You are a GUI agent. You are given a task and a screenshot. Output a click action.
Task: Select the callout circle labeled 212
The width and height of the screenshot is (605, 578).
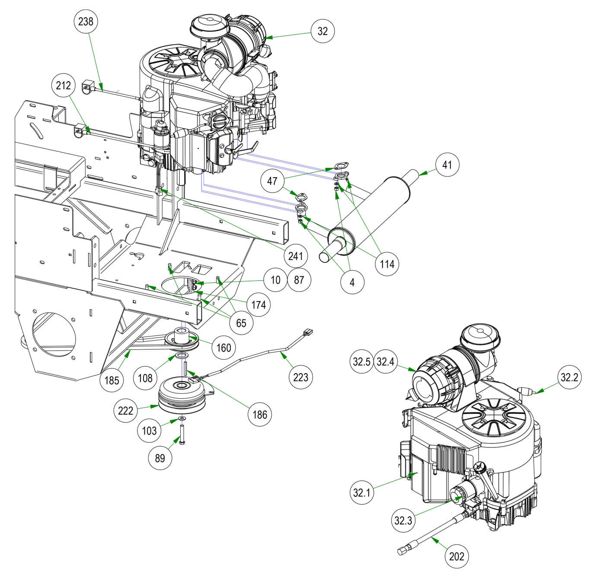[x=64, y=86]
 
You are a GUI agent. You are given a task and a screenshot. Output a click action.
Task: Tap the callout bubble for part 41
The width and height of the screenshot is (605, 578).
[x=447, y=165]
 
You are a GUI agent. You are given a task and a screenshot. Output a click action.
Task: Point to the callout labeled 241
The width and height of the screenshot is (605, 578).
[x=295, y=256]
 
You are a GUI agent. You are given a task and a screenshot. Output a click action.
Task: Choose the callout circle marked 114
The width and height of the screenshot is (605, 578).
[x=387, y=263]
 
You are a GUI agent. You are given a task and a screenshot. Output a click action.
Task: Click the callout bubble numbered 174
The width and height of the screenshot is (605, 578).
[x=258, y=305]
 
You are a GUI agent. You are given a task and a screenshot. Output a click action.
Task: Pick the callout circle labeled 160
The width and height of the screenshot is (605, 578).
[x=223, y=347]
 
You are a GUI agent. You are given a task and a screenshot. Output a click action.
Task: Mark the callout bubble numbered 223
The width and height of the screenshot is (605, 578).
[x=300, y=377]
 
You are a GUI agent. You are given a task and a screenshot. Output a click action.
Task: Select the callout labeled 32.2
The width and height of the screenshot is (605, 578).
[x=569, y=377]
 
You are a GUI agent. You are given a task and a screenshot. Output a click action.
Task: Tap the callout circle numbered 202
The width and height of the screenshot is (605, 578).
[x=457, y=556]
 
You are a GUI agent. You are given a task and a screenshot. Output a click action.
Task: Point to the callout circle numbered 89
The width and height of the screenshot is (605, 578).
[x=160, y=458]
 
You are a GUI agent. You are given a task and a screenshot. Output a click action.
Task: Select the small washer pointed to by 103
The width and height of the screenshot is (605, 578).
[x=183, y=418]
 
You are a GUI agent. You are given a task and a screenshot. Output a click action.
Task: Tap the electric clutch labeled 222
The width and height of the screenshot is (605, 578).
[x=182, y=395]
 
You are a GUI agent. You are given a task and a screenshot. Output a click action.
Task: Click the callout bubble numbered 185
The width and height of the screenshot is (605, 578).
[x=111, y=380]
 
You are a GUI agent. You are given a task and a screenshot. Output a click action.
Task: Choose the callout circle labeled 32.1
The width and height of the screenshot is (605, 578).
[x=362, y=492]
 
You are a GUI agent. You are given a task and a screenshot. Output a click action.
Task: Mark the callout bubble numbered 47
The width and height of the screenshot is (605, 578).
[x=272, y=180]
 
